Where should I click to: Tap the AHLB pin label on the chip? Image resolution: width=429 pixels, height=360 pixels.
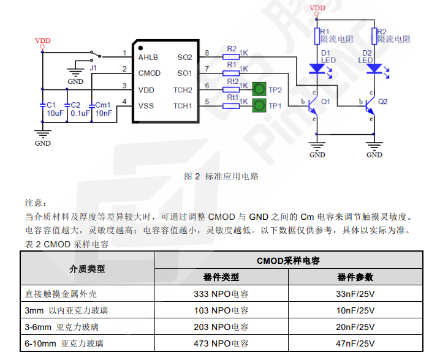148,58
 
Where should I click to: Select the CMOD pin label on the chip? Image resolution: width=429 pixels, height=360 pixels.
150,73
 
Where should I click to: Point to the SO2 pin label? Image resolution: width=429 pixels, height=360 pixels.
184,58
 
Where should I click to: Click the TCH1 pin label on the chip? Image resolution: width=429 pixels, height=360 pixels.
183,106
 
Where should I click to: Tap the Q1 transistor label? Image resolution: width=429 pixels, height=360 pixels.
325,101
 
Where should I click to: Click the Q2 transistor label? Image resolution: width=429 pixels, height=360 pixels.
383,101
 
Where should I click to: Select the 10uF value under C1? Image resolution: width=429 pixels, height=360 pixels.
55,113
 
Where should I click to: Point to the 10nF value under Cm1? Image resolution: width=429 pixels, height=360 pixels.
104,113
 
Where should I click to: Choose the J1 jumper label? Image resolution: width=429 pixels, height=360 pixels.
93,68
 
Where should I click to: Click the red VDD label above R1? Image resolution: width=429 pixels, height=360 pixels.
317,8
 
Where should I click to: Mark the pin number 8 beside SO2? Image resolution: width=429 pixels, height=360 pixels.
207,53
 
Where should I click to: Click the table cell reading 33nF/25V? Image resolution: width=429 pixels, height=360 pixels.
355,294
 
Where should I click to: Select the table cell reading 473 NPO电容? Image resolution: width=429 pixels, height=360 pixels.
221,343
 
